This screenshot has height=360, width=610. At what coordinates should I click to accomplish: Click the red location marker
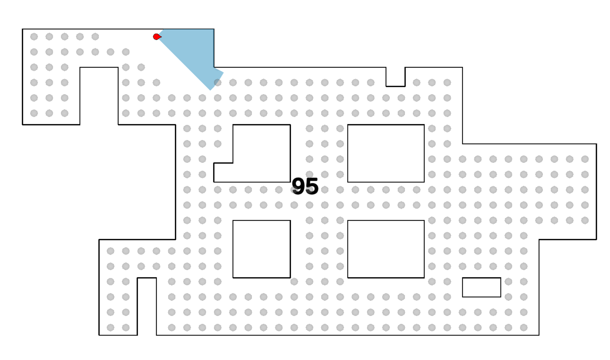157,37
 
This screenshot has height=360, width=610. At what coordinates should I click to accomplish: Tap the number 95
305,186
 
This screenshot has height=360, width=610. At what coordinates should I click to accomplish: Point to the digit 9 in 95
298,186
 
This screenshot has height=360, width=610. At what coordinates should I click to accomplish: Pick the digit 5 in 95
312,186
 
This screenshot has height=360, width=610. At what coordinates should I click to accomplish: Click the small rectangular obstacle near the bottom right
481,287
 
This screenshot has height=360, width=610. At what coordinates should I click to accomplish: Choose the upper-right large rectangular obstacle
386,153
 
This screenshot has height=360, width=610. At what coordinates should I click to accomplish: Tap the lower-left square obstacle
261,249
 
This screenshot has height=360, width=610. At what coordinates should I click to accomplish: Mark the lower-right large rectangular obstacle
386,249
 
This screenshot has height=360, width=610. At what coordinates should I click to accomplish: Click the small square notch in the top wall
395,77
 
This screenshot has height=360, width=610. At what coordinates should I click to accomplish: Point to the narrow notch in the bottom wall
147,306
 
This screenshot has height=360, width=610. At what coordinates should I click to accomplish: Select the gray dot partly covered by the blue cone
218,82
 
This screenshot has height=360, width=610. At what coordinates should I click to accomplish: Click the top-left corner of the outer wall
23,29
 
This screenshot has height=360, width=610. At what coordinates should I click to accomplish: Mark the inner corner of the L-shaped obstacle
233,163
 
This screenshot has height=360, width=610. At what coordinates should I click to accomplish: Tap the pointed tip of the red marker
162,37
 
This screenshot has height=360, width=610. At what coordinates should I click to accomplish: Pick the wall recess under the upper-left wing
99,96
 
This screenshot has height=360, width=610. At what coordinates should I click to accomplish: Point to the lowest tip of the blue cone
211,90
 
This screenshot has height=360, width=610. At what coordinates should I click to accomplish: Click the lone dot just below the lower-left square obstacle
294,282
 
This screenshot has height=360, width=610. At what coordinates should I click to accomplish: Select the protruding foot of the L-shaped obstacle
223,173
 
